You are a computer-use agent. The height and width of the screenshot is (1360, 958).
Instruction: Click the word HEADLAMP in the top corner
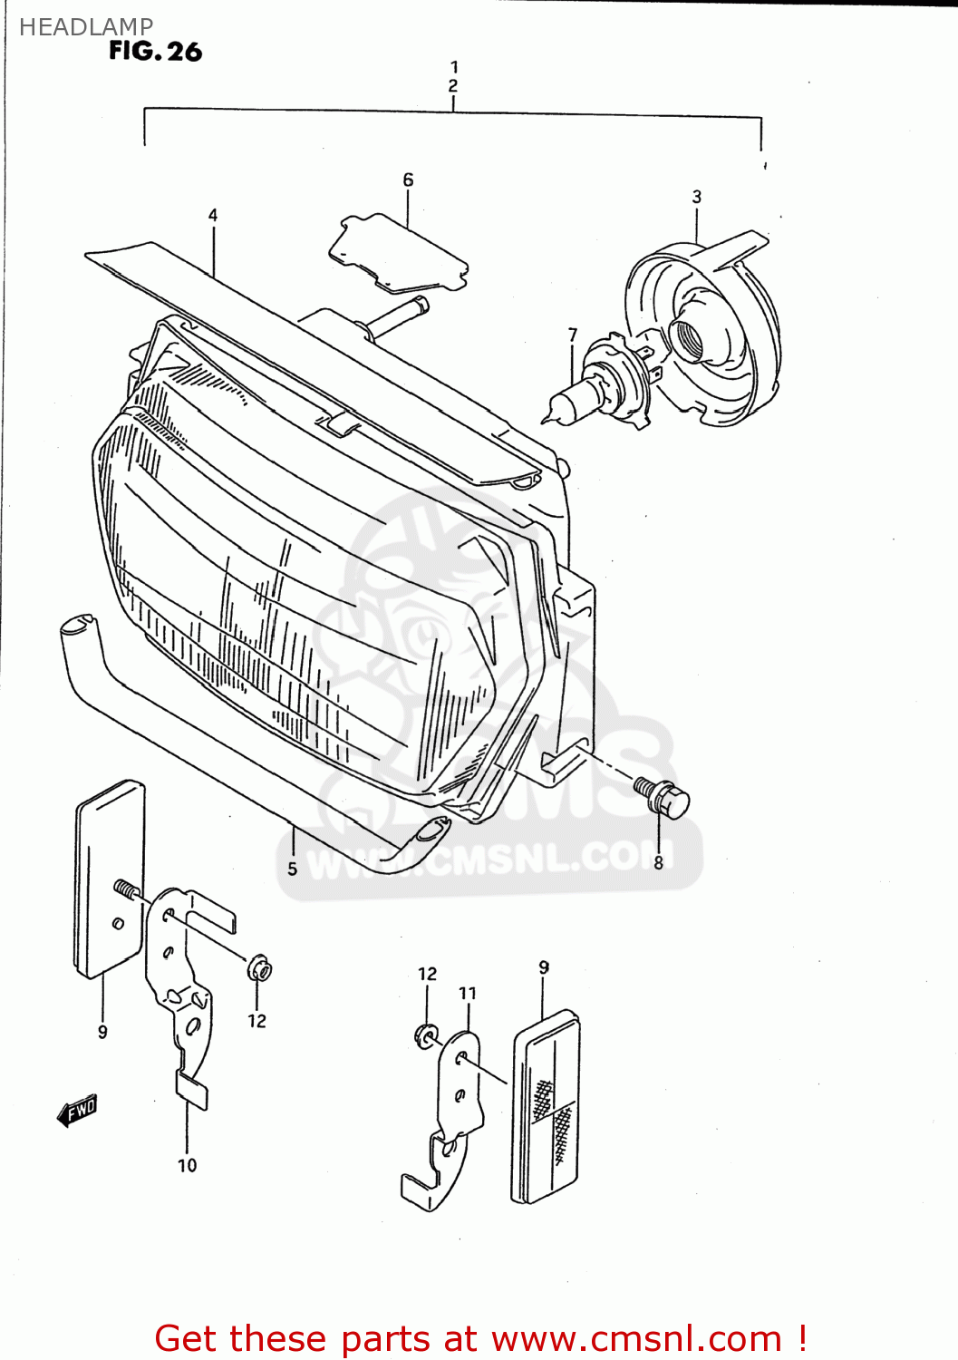pos(86,27)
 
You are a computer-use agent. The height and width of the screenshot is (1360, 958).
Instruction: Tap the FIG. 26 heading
pos(155,52)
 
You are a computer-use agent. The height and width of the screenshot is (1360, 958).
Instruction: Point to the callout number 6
pos(408,180)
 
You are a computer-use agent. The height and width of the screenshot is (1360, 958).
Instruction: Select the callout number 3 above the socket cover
pos(696,197)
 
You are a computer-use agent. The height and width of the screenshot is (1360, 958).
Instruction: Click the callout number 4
pos(213,215)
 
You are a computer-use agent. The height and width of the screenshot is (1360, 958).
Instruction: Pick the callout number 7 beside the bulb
pos(572,335)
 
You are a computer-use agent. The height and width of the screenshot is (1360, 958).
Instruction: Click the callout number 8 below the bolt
pos(658,862)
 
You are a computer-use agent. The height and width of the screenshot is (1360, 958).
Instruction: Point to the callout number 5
pos(292,869)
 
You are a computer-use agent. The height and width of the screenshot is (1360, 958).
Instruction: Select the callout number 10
pos(187,1165)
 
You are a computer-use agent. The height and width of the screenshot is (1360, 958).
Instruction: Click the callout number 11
pos(467,993)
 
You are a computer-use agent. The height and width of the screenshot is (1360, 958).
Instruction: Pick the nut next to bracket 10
pos(260,969)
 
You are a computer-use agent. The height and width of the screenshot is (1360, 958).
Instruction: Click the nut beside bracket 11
pos(426,1035)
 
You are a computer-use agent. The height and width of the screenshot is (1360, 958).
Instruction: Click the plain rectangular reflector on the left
pos(109,878)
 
